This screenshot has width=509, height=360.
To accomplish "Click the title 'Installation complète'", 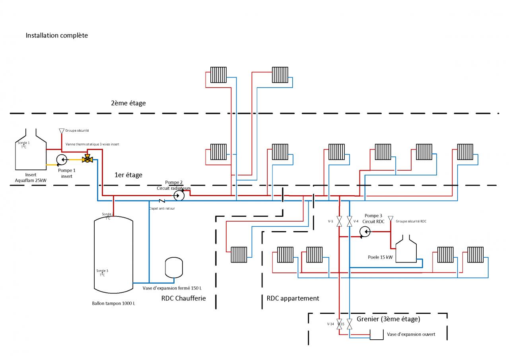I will point(56,35).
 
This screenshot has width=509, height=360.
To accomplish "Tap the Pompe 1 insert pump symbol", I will point(62,160).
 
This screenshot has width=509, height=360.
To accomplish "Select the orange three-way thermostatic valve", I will point(87,160).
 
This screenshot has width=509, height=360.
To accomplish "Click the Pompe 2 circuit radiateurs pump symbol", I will point(179,196).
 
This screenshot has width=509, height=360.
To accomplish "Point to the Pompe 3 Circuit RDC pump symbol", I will point(364,232).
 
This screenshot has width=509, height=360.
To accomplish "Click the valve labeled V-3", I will point(339,222).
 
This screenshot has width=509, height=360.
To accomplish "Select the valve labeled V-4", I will point(349,222).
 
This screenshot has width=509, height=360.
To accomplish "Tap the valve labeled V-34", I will point(339,324).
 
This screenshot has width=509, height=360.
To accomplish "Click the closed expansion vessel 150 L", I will point(173,268).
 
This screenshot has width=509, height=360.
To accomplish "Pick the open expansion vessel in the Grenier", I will point(376,335).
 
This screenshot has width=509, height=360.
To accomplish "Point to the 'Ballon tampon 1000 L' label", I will point(113,304).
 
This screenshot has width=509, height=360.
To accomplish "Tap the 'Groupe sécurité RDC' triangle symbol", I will point(390,218).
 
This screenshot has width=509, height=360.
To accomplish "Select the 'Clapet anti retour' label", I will point(161,208).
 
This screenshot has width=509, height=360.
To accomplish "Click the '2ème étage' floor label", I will point(128,103).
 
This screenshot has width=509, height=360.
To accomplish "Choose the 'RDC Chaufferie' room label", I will point(183,298).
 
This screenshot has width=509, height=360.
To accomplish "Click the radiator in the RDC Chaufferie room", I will point(239,255).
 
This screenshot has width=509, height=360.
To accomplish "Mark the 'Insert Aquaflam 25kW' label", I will point(30,177).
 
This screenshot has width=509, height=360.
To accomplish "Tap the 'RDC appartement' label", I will point(293,298).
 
